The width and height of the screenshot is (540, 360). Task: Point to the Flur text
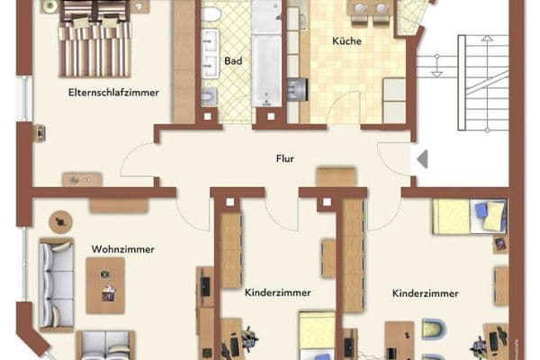click(285, 157)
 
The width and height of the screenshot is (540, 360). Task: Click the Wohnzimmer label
click(122, 249)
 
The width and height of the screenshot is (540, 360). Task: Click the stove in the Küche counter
click(296, 88)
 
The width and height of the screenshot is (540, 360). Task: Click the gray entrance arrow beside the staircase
click(421, 159)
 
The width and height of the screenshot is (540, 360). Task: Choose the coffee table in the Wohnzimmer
click(105, 284)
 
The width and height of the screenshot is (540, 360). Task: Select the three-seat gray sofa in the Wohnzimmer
click(56, 283)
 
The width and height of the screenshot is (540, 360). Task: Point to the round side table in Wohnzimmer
click(61, 220)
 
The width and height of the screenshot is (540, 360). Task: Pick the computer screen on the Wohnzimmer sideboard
click(205, 285)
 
